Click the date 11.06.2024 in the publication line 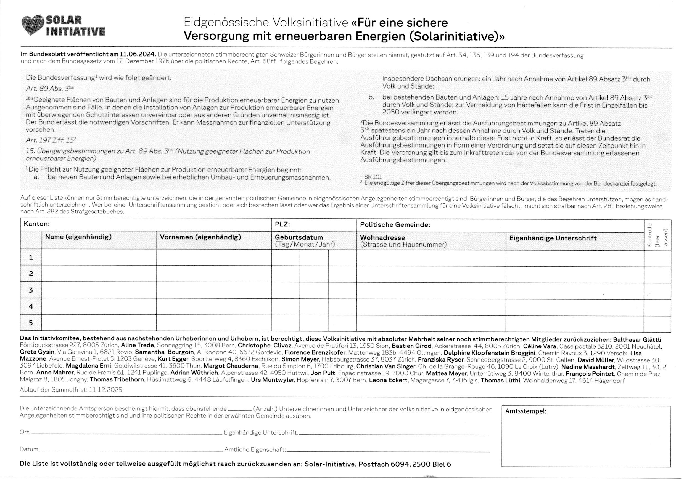tap(138, 55)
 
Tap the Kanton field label tap(37, 224)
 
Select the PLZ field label tap(282, 224)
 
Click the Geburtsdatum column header tap(299, 237)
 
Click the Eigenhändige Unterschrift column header tap(553, 238)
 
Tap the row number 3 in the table tap(31, 290)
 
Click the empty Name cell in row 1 tap(99, 258)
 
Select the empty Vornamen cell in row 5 tap(214, 323)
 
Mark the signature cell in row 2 tap(574, 274)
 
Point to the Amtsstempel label tap(525, 411)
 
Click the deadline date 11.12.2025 tap(105, 390)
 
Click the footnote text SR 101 tap(373, 177)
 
